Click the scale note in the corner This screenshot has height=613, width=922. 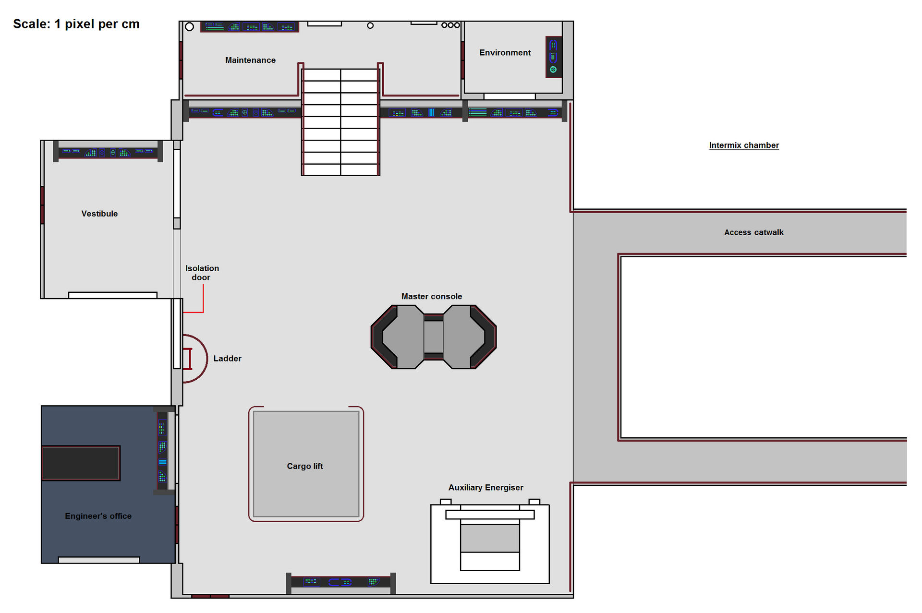pyautogui.click(x=76, y=24)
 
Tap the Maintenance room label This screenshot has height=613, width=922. pyautogui.click(x=250, y=60)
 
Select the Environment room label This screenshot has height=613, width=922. pyautogui.click(x=505, y=52)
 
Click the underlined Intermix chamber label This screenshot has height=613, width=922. pyautogui.click(x=743, y=145)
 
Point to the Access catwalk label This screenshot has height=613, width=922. pyautogui.click(x=753, y=232)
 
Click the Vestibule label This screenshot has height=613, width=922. pyautogui.click(x=99, y=214)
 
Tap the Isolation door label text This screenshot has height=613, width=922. pyautogui.click(x=202, y=273)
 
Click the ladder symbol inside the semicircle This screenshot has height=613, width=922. pyautogui.click(x=188, y=359)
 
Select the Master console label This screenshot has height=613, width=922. pyautogui.click(x=431, y=296)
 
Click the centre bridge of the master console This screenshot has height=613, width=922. pyautogui.click(x=434, y=337)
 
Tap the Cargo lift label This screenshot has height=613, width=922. pyautogui.click(x=304, y=466)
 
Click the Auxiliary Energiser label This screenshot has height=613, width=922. pyautogui.click(x=485, y=487)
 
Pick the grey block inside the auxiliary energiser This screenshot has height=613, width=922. pyautogui.click(x=490, y=538)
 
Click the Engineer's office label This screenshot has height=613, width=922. pyautogui.click(x=98, y=516)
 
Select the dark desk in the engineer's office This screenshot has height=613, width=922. pyautogui.click(x=81, y=463)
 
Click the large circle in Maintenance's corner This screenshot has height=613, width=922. pyautogui.click(x=190, y=27)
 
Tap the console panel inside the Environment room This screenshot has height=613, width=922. pyautogui.click(x=553, y=57)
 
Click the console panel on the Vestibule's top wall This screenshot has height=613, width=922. pyautogui.click(x=108, y=153)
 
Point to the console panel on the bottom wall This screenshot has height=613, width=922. pyautogui.click(x=340, y=582)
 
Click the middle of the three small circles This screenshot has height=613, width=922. pyautogui.click(x=450, y=25)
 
